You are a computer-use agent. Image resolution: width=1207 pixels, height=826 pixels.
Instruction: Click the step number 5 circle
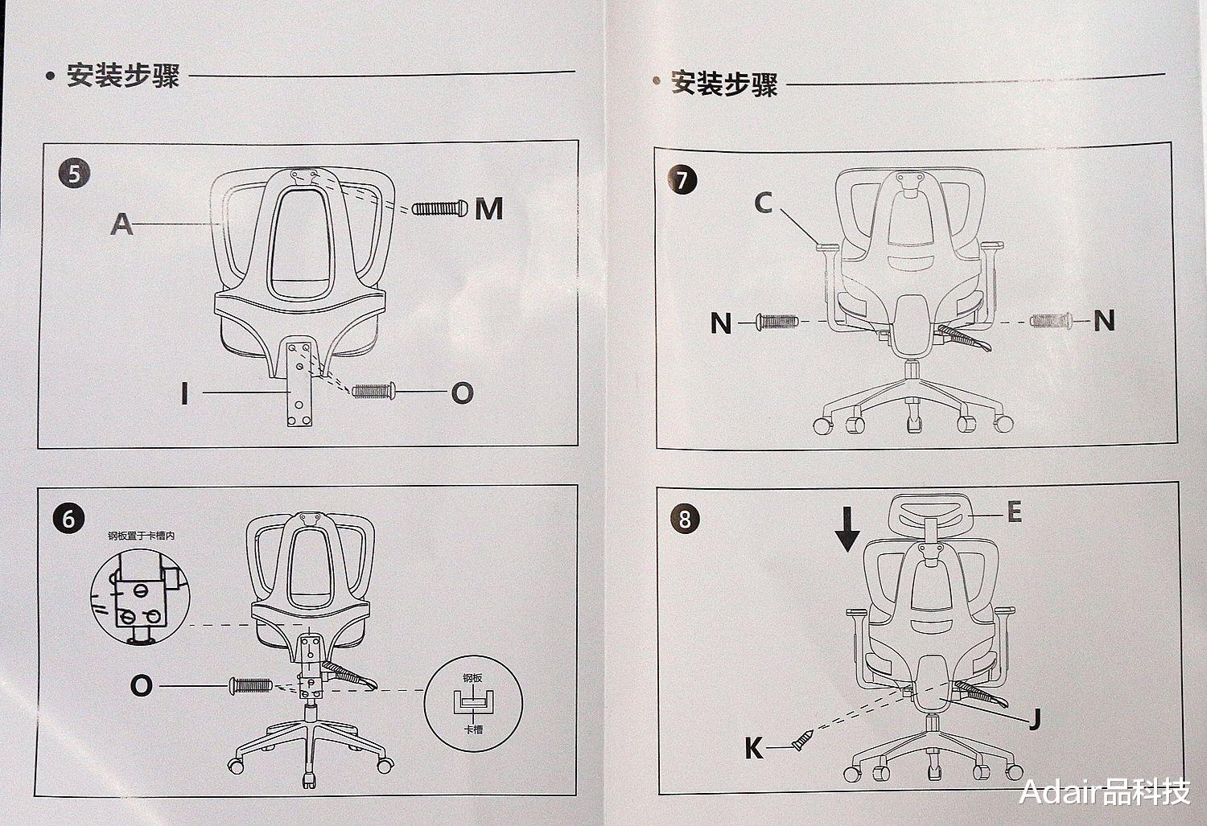(74, 174)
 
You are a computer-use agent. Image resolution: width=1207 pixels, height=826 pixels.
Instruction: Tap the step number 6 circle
(68, 519)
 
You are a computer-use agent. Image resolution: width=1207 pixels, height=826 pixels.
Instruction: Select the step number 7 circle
(682, 180)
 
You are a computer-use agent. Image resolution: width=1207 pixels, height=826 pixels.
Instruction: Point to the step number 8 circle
(685, 519)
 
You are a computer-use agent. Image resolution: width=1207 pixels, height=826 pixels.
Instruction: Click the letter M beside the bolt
(488, 208)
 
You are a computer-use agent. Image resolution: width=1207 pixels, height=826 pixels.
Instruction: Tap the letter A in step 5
(122, 224)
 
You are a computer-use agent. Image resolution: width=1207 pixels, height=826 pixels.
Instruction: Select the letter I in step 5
(185, 393)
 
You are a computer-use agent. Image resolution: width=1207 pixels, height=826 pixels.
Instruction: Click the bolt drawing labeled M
(439, 208)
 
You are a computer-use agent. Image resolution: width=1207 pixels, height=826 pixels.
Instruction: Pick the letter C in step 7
(764, 203)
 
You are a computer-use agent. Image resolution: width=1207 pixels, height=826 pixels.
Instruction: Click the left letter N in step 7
(721, 323)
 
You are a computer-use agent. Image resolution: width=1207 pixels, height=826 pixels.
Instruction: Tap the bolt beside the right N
(1051, 321)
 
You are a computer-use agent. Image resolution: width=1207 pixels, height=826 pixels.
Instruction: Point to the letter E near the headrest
(1015, 512)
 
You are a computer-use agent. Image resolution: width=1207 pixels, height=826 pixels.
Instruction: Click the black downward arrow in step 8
(847, 528)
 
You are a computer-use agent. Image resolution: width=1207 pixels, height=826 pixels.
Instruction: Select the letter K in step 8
(754, 748)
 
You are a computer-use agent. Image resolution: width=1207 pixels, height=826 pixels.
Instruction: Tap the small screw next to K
(802, 740)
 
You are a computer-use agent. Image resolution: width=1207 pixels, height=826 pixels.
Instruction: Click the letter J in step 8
(1035, 719)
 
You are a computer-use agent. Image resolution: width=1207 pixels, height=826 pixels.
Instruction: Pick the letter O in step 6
(141, 686)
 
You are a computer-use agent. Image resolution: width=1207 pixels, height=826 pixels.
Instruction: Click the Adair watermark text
(1104, 791)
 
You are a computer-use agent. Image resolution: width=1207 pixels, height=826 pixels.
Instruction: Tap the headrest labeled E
(929, 515)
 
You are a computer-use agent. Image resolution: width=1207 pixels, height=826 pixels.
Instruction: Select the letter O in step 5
(462, 393)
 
